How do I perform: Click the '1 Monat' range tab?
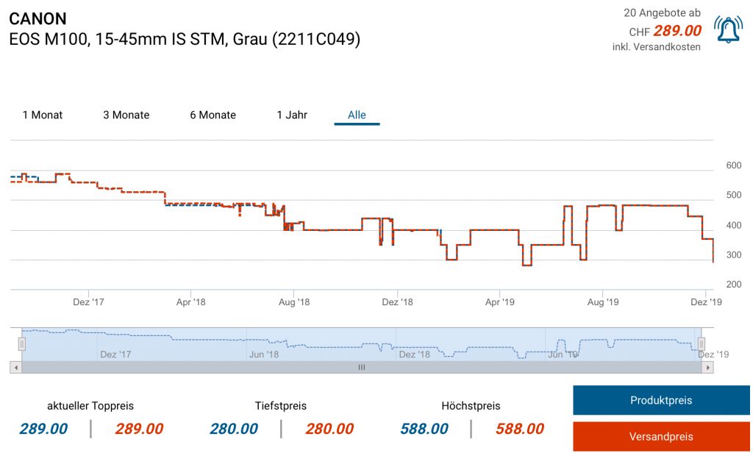(x=43, y=115)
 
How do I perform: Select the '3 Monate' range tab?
(x=126, y=115)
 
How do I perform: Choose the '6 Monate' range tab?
(x=213, y=115)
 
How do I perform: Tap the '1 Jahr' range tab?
(x=292, y=115)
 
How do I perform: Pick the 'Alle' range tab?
(x=357, y=115)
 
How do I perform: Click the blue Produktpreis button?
(x=660, y=401)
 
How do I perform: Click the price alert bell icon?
(x=728, y=29)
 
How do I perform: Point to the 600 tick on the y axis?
(x=734, y=165)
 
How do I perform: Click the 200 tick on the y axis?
(x=734, y=285)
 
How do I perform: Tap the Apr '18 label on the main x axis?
(x=190, y=302)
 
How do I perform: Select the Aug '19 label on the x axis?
(x=602, y=302)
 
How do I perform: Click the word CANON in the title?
(x=38, y=19)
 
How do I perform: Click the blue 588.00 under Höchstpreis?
(x=424, y=429)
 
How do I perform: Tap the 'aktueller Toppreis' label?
(x=90, y=406)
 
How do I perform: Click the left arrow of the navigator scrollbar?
(x=15, y=367)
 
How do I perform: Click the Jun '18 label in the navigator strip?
(x=264, y=354)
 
